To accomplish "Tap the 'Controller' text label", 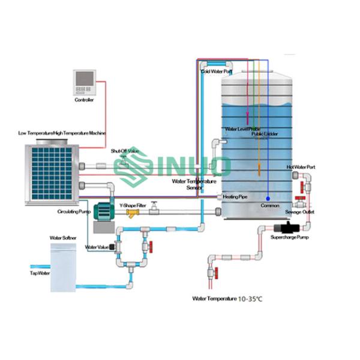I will tap(84, 100).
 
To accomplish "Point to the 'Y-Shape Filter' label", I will tap(133, 205).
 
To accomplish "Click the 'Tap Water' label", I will tap(40, 273).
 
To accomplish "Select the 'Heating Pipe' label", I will tap(234, 196).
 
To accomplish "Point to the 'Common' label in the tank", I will tap(269, 206).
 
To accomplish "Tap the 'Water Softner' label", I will tap(62, 238).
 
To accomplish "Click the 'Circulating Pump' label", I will tap(73, 212).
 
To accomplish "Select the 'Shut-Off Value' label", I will tap(125, 151).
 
